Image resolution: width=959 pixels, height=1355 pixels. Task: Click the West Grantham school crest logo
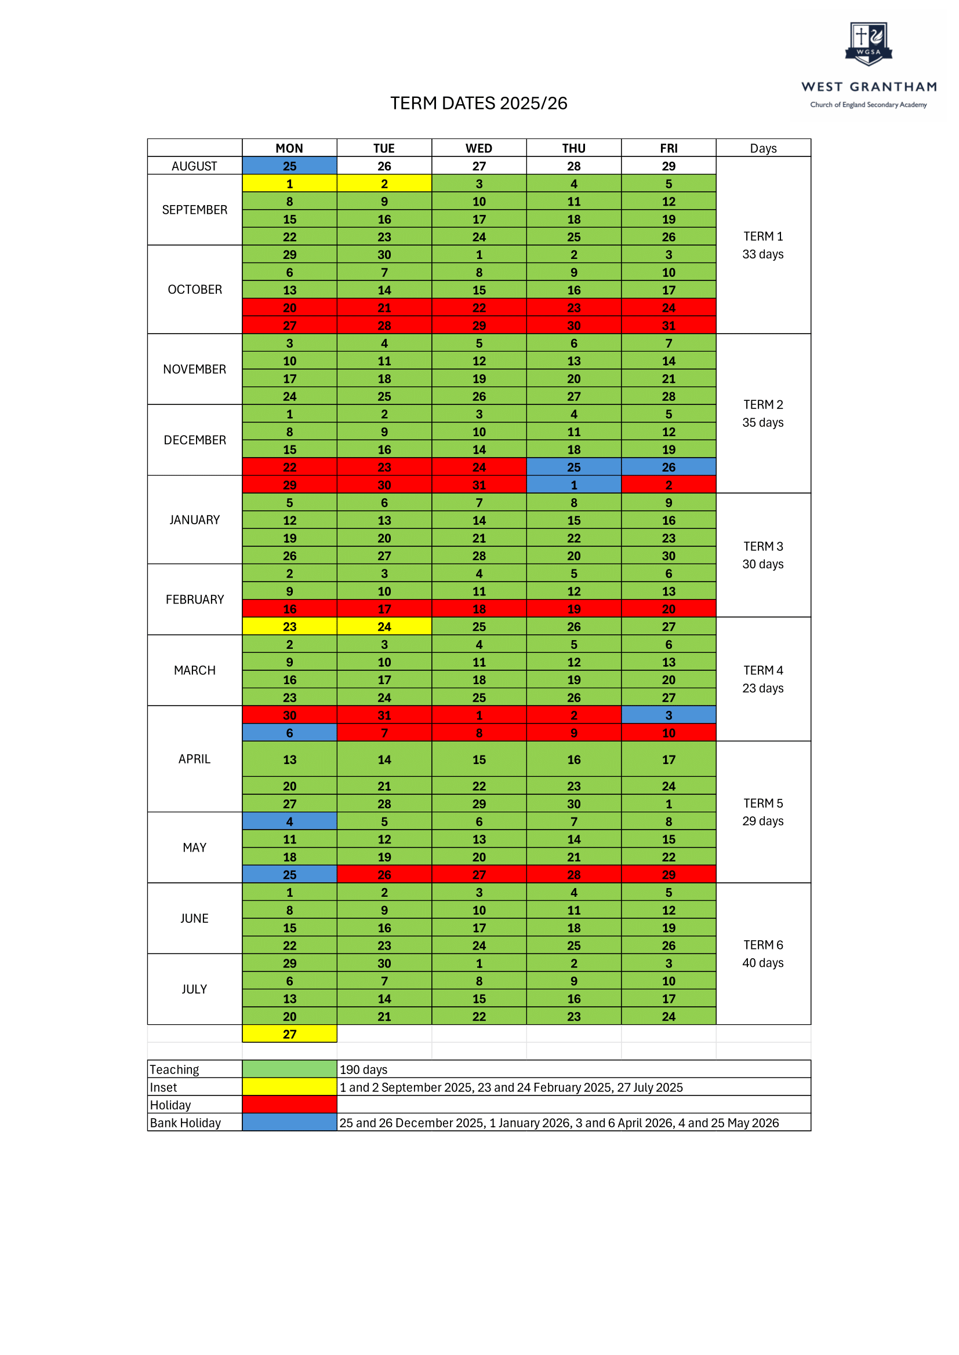868,44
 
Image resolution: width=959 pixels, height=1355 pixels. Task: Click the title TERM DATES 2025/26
478,103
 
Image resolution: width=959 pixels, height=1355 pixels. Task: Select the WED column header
478,148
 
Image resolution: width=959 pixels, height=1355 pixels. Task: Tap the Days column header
763,148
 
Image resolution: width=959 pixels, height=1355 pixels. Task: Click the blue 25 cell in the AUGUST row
289,166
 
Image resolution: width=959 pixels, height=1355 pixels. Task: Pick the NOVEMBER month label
194,370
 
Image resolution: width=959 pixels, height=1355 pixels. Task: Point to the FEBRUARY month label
194,600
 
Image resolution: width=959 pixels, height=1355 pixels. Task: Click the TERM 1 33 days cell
763,245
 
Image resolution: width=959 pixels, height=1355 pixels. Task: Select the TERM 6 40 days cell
763,954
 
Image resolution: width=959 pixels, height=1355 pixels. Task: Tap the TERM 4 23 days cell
763,680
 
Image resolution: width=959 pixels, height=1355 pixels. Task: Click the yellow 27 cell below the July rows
289,1034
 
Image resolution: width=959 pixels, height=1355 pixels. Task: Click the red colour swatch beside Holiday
289,1105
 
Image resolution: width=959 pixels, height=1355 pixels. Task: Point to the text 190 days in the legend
363,1069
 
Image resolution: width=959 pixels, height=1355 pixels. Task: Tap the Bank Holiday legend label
186,1123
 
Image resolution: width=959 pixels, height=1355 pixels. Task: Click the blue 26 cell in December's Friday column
669,467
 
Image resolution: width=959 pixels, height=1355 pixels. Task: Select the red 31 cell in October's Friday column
669,325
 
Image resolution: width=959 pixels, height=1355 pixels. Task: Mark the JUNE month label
194,918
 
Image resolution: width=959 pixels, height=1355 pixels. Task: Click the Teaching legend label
174,1069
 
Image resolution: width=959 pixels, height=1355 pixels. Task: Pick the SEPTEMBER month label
194,210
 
